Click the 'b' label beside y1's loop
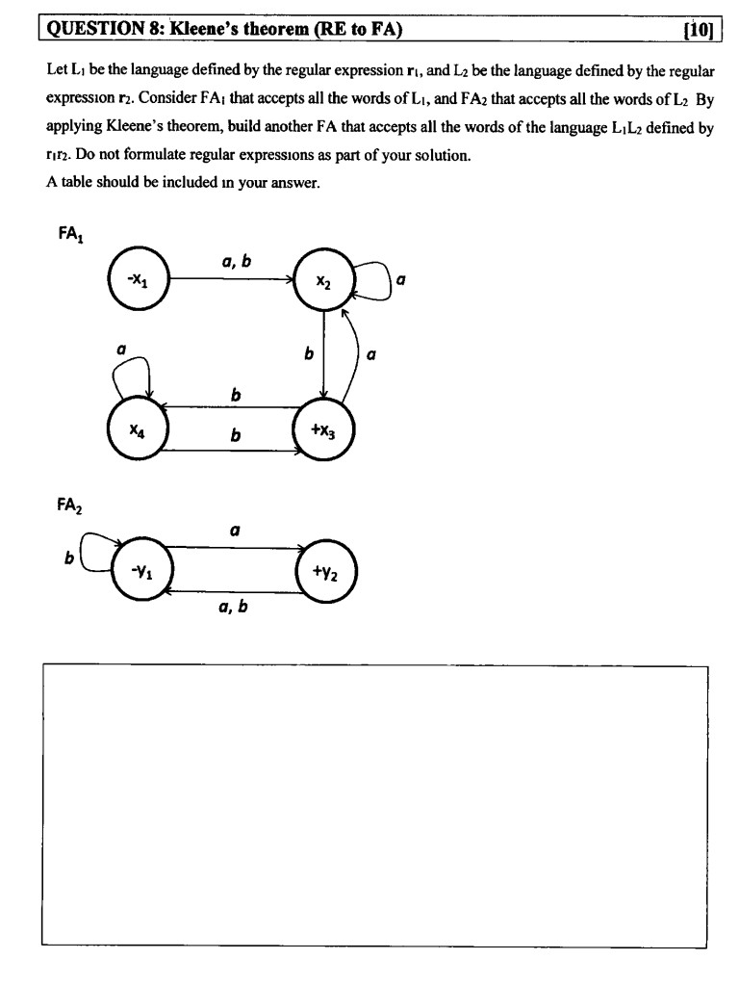pyautogui.click(x=69, y=557)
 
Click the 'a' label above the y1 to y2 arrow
pyautogui.click(x=234, y=529)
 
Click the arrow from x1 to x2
pyautogui.click(x=231, y=279)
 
